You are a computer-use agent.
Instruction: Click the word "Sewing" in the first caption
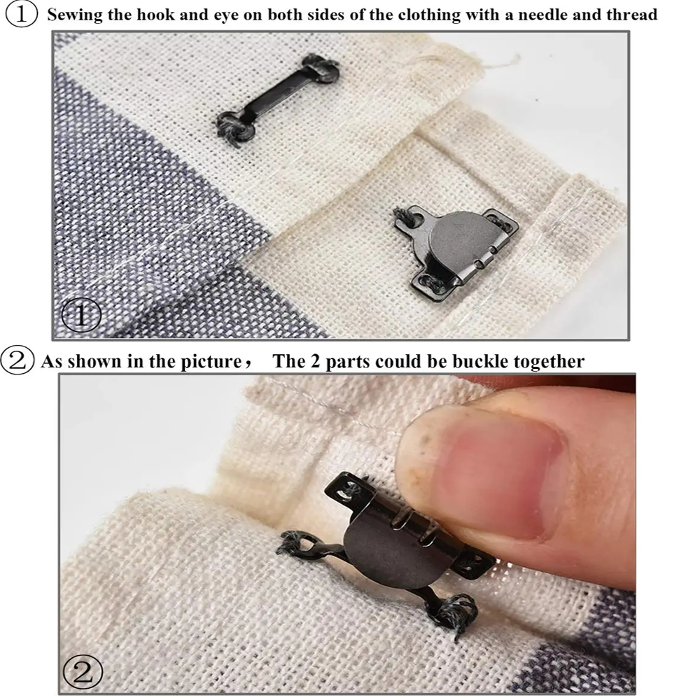coord(75,15)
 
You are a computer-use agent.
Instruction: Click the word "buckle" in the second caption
coord(480,361)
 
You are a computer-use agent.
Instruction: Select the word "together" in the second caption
coord(549,362)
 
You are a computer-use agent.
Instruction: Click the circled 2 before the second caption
coord(17,360)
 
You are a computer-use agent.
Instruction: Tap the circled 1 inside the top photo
coord(80,314)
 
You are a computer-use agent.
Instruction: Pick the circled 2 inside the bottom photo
coord(83,671)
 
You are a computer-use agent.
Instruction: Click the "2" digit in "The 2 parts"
coord(315,361)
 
